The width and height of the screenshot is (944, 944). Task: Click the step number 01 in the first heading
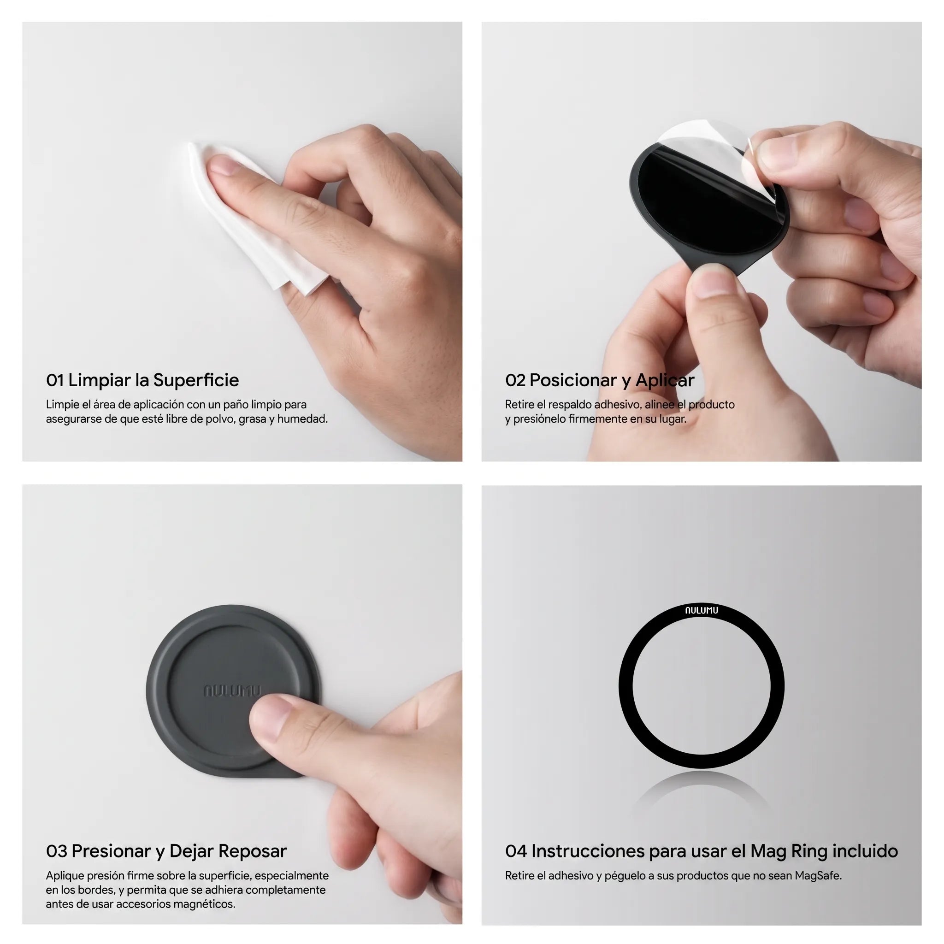coord(55,380)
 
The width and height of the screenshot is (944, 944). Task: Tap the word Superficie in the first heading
coord(196,380)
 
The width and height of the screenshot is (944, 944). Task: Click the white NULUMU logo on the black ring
coord(701,610)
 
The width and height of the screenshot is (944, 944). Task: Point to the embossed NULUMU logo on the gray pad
coord(233,691)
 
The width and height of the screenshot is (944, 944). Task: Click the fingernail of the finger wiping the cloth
coord(223,165)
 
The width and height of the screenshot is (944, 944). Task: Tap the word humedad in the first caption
coord(302,419)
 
